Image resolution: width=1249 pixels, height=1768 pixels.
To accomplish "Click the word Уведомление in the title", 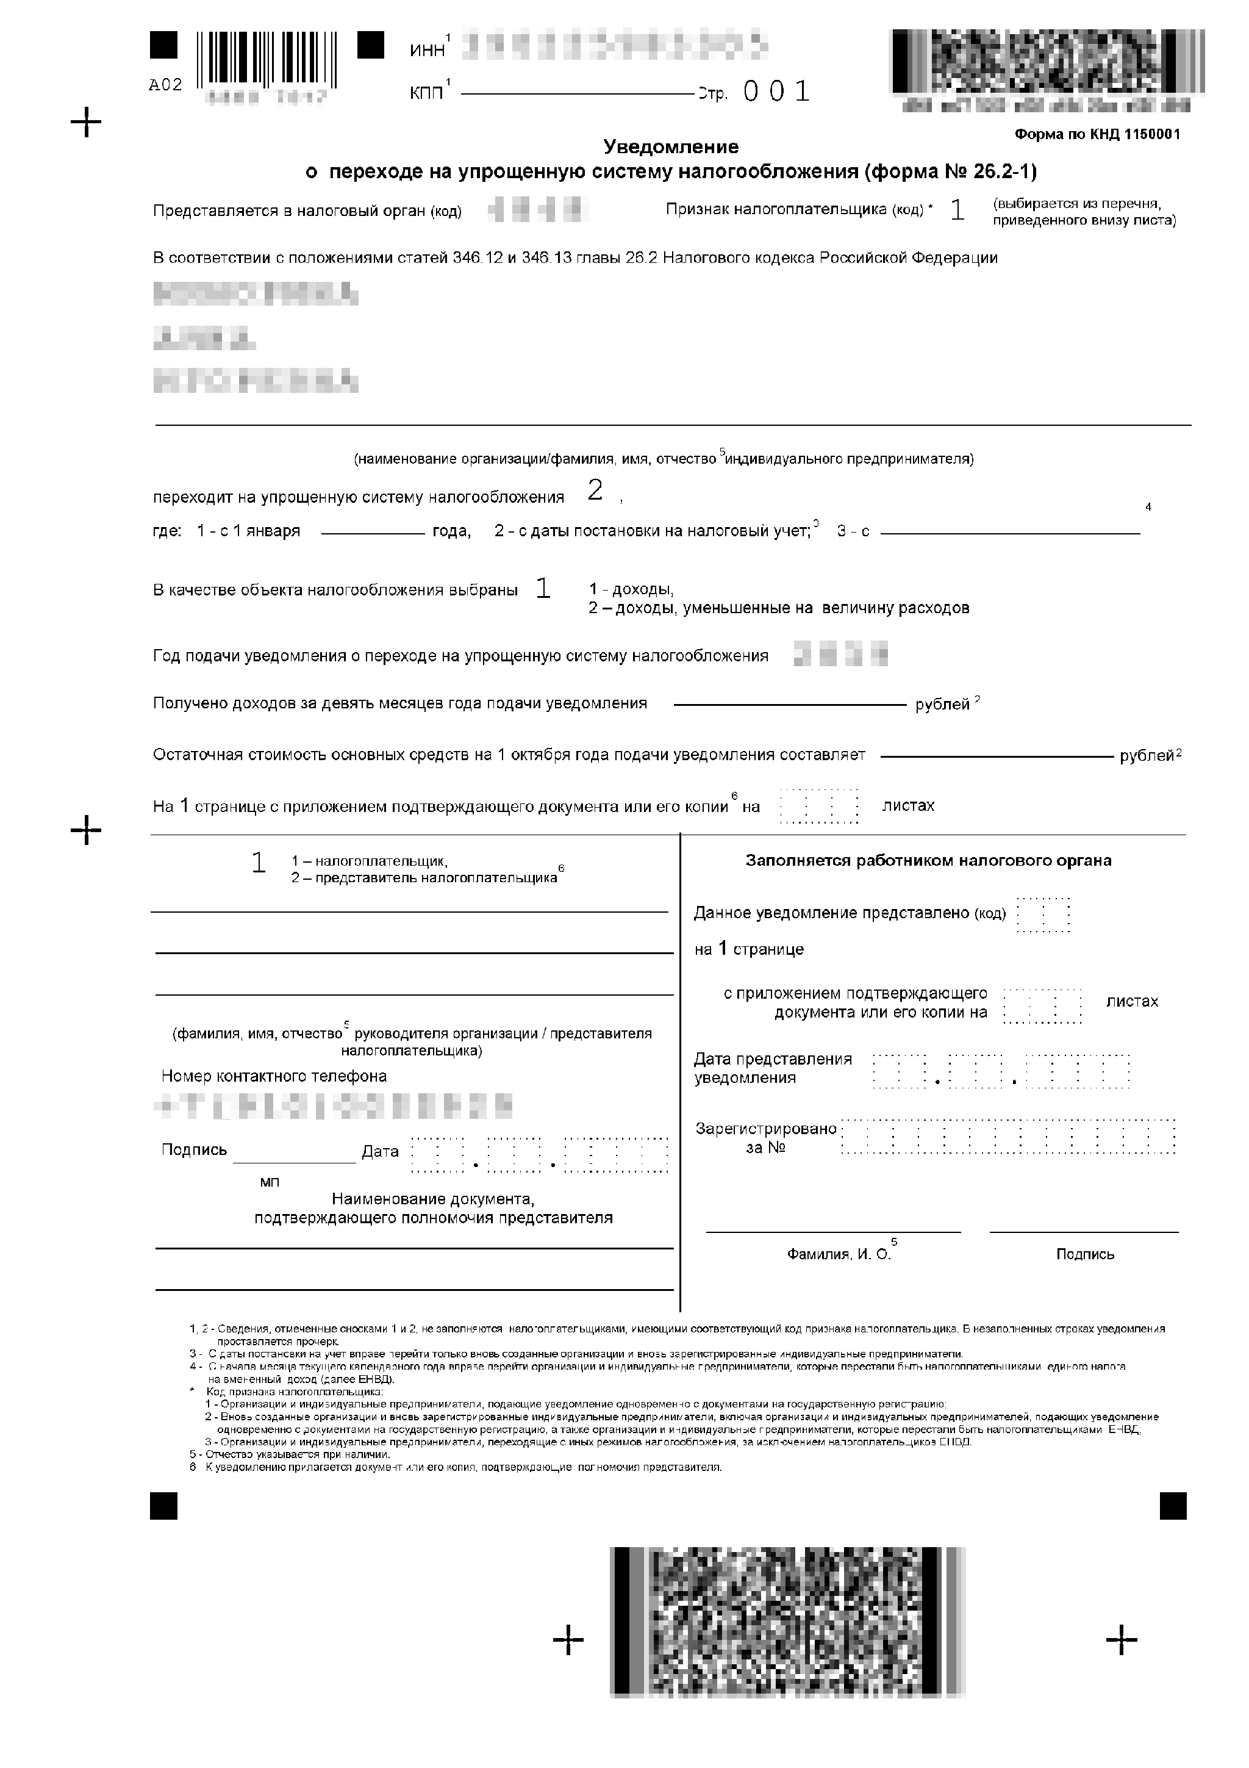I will pyautogui.click(x=670, y=146).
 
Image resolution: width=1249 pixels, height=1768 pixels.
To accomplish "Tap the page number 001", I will pyautogui.click(x=776, y=92).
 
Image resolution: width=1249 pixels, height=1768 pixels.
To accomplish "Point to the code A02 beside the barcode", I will pyautogui.click(x=165, y=85).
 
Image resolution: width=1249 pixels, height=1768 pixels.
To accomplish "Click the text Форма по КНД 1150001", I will pyautogui.click(x=1097, y=134).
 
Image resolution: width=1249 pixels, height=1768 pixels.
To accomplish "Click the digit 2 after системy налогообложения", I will pyautogui.click(x=594, y=491).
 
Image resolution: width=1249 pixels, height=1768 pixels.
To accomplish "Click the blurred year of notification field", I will pyautogui.click(x=840, y=654).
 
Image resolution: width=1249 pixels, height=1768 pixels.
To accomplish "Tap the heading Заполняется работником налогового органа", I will pyautogui.click(x=928, y=860).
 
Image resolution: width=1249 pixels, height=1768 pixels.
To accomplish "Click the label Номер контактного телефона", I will pyautogui.click(x=274, y=1076).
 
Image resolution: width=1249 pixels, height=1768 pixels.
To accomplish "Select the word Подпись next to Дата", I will pyautogui.click(x=194, y=1149).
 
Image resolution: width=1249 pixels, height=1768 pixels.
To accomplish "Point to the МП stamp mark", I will pyautogui.click(x=270, y=1182).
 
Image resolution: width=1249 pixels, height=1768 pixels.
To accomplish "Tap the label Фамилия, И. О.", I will pyautogui.click(x=839, y=1254).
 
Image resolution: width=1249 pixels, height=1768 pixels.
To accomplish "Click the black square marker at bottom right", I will pyautogui.click(x=1173, y=1506).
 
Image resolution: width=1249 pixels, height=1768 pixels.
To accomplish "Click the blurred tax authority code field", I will pyautogui.click(x=539, y=209).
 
